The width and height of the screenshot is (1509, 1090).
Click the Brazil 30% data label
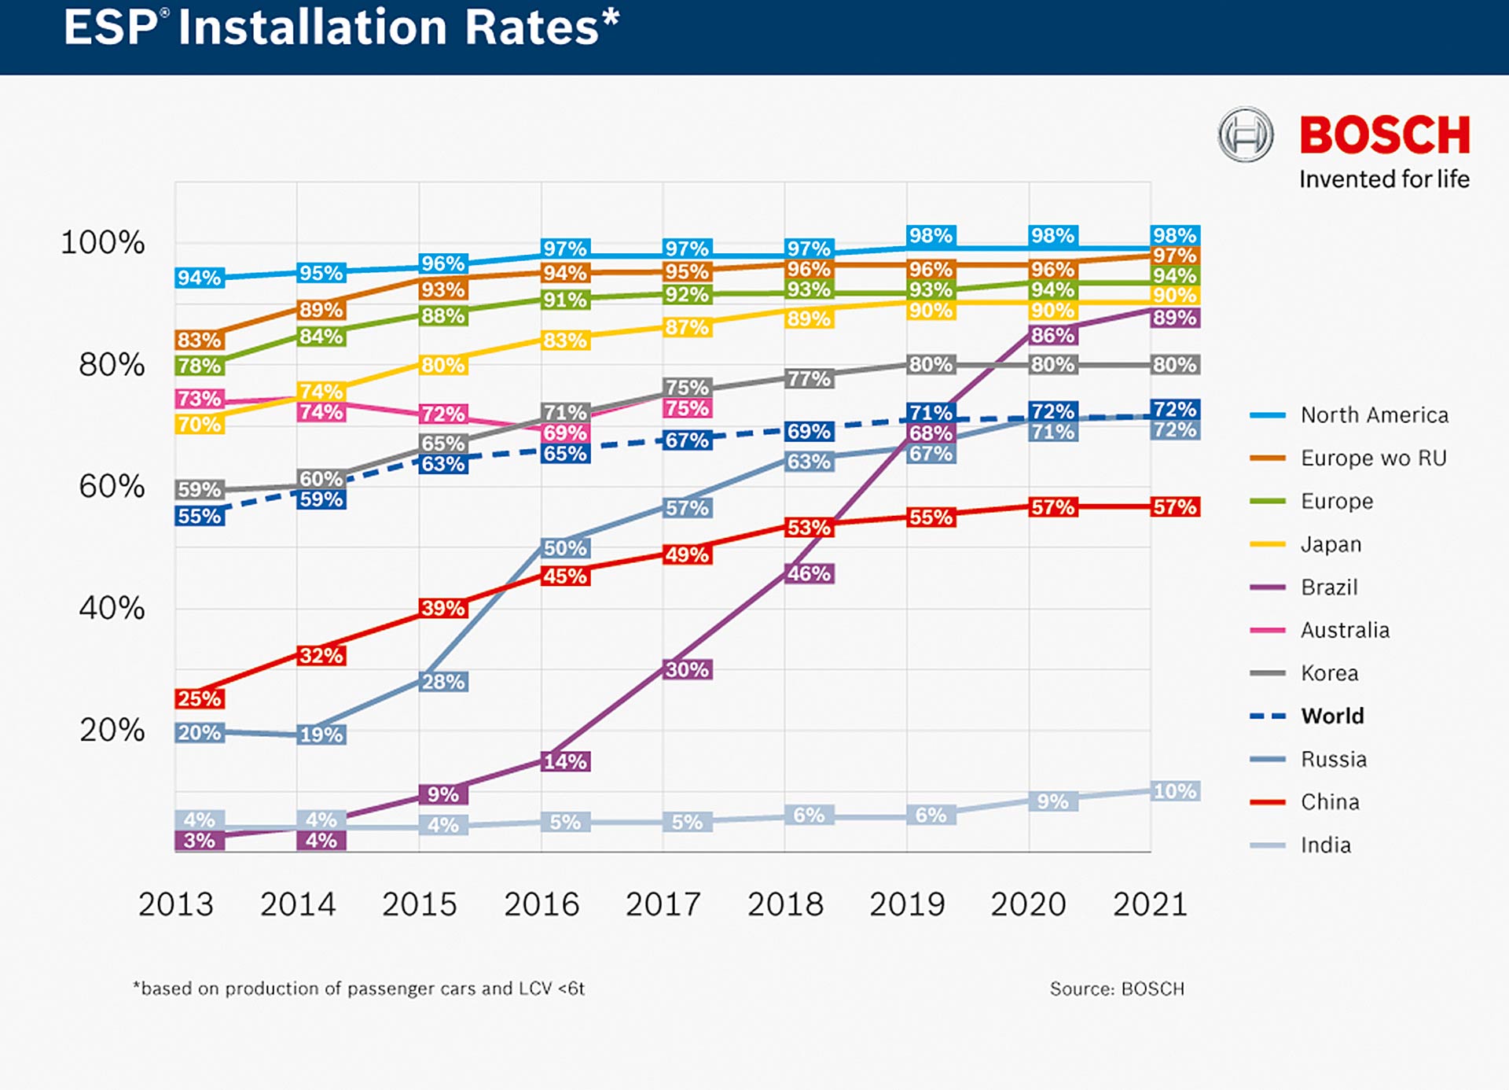point(687,669)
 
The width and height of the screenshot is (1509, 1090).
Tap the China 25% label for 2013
point(200,698)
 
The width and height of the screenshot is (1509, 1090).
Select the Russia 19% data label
point(321,735)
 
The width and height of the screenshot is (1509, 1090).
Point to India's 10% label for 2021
point(1175,791)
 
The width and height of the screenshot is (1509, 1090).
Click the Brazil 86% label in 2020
point(1053,335)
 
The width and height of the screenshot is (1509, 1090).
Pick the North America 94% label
point(200,278)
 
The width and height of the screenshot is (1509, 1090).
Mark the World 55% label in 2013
point(200,516)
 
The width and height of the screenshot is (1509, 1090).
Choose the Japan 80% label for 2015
point(443,365)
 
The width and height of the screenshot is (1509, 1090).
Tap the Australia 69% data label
point(565,433)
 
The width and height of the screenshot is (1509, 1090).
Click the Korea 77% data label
point(809,378)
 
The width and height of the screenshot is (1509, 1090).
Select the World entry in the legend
point(1332,716)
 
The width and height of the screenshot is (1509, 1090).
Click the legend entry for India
point(1325,845)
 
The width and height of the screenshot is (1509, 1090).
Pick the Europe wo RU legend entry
point(1373,458)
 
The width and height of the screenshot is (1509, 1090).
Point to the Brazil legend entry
point(1329,587)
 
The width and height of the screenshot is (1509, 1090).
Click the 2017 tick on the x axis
point(663,904)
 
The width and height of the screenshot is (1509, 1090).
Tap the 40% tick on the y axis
point(112,608)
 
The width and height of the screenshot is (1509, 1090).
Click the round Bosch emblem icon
point(1245,134)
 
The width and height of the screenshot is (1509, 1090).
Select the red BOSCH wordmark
point(1384,135)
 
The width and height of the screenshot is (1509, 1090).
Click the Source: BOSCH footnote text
point(1117,989)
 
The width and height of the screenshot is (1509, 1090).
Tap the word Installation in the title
point(388,28)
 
